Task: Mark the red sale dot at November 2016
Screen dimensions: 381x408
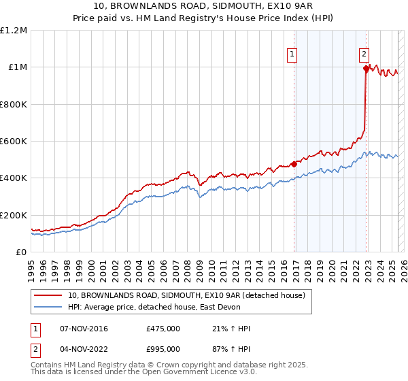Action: (x=294, y=164)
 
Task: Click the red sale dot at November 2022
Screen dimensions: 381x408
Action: (x=366, y=68)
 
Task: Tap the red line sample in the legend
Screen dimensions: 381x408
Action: (x=48, y=295)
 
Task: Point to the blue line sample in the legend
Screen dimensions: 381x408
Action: (x=48, y=308)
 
